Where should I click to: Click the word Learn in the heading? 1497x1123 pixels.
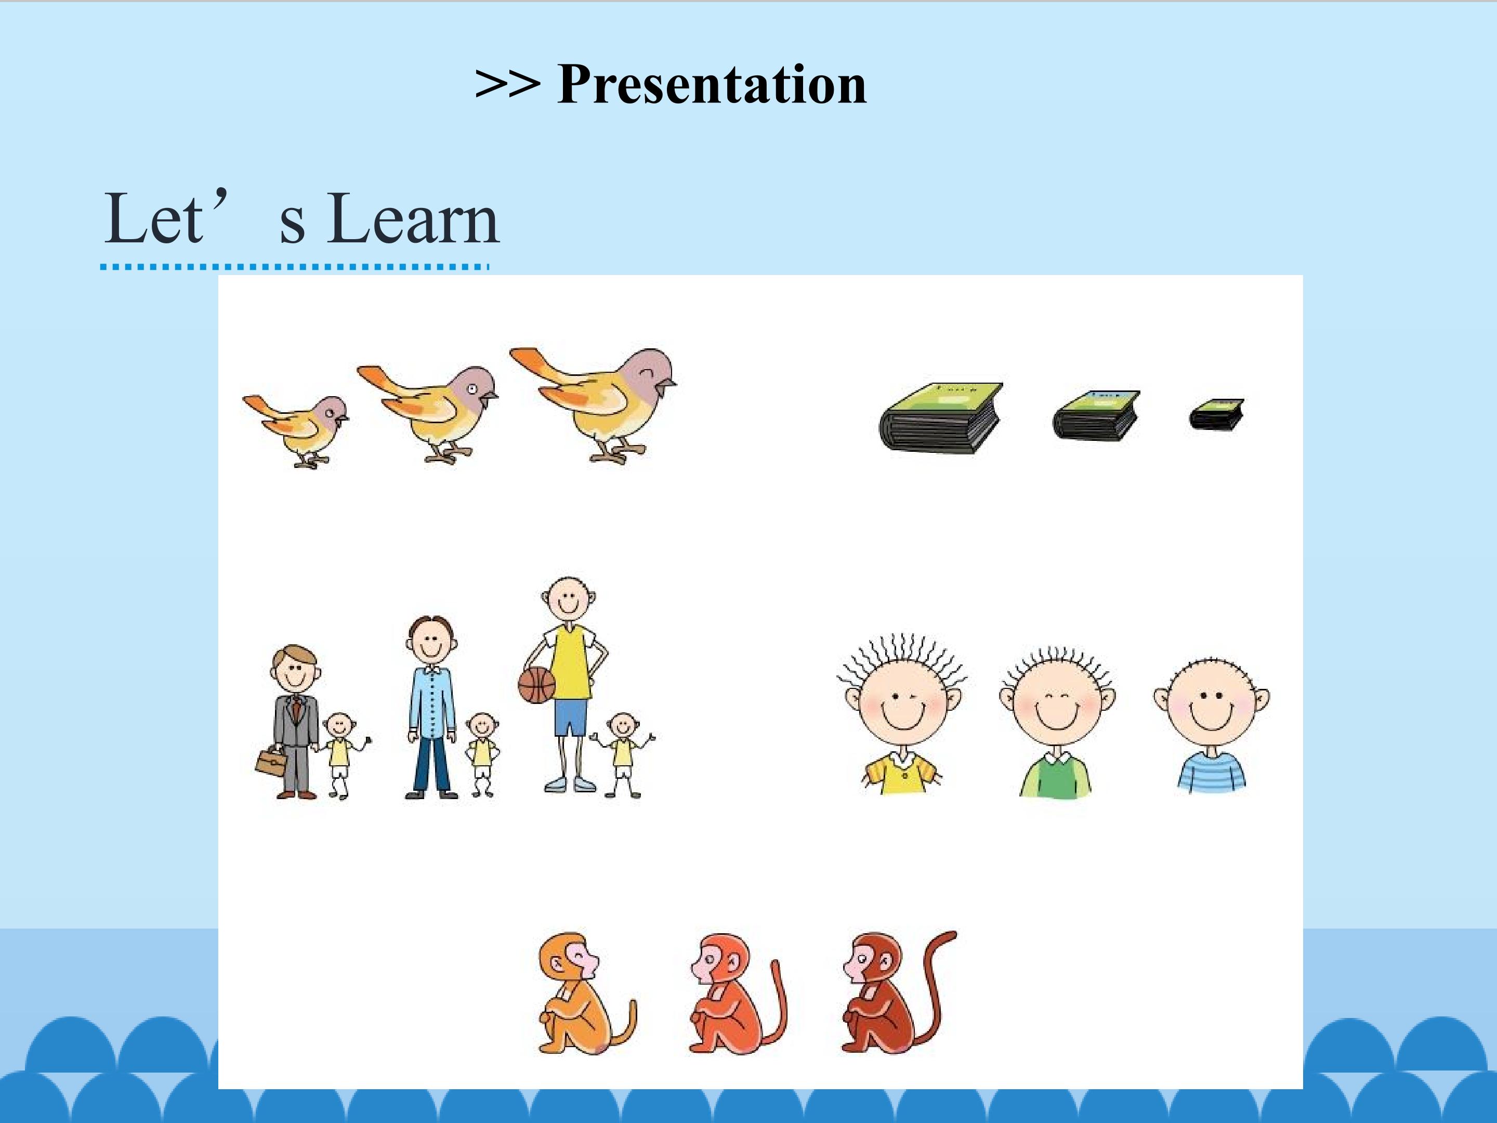414,218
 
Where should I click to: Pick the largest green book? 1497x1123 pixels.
941,417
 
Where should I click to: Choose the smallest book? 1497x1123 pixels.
1216,414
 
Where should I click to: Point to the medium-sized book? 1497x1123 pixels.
1096,415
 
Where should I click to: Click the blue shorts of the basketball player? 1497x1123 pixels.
571,717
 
